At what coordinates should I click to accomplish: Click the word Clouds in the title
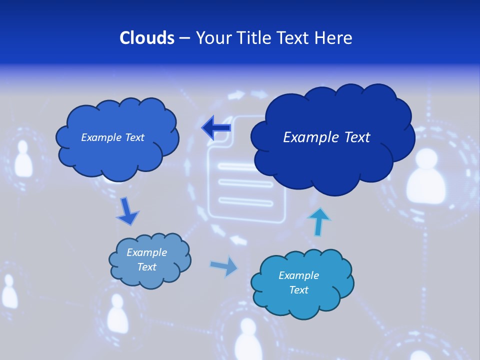(x=146, y=38)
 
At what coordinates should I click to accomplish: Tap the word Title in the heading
(x=255, y=38)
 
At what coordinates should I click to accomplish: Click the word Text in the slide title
(x=294, y=38)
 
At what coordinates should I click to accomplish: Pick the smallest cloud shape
(x=149, y=260)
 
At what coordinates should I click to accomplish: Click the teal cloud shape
(x=301, y=283)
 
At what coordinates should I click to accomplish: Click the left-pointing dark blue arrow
(x=216, y=128)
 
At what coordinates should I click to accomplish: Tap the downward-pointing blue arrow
(x=127, y=211)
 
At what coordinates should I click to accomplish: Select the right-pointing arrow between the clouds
(x=224, y=266)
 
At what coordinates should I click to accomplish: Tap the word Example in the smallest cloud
(x=147, y=252)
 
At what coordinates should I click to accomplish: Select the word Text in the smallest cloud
(x=147, y=267)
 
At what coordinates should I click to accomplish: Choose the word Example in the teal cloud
(x=299, y=275)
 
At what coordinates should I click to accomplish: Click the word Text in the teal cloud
(x=299, y=290)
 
